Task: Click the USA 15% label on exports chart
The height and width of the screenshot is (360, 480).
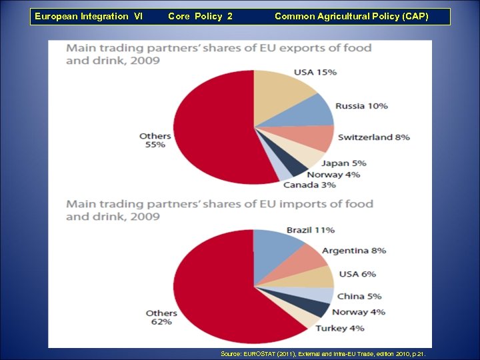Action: click(x=315, y=72)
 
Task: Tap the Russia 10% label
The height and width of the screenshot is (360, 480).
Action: click(x=361, y=106)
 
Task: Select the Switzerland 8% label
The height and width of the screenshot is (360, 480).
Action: click(x=373, y=137)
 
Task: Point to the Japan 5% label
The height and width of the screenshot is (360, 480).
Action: click(x=343, y=163)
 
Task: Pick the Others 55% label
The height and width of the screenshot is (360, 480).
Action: click(x=155, y=140)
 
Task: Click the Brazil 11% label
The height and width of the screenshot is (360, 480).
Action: click(x=310, y=230)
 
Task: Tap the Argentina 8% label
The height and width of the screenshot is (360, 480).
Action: click(x=354, y=251)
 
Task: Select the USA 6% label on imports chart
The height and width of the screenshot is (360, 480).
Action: click(x=357, y=274)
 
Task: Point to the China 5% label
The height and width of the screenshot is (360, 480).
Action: click(x=359, y=297)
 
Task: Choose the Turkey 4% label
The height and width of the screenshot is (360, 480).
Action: click(x=340, y=328)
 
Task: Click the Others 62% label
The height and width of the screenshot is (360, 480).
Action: click(x=161, y=317)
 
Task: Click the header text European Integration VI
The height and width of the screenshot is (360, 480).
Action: click(x=89, y=16)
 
